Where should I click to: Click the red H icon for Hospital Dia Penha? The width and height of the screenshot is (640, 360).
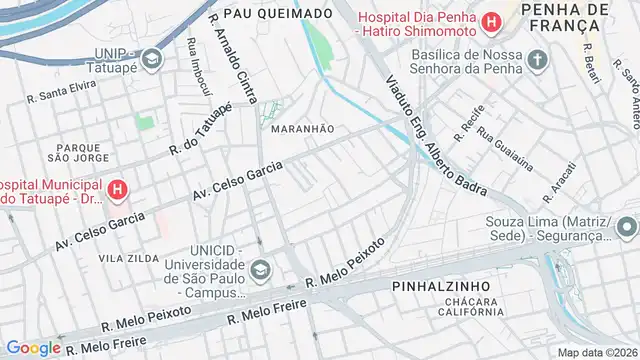click(x=490, y=21)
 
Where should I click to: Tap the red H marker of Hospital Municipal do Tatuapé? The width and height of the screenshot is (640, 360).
click(x=118, y=187)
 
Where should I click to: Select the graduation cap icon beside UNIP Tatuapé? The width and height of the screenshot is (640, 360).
click(x=151, y=58)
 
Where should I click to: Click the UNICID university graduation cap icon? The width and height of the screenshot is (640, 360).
click(x=261, y=268)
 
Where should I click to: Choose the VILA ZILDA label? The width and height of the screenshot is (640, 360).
click(x=128, y=258)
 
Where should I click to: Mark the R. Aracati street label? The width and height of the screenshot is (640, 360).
click(x=557, y=181)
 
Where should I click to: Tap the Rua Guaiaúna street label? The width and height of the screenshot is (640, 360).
click(x=505, y=150)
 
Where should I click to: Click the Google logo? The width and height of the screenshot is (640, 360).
click(x=33, y=347)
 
